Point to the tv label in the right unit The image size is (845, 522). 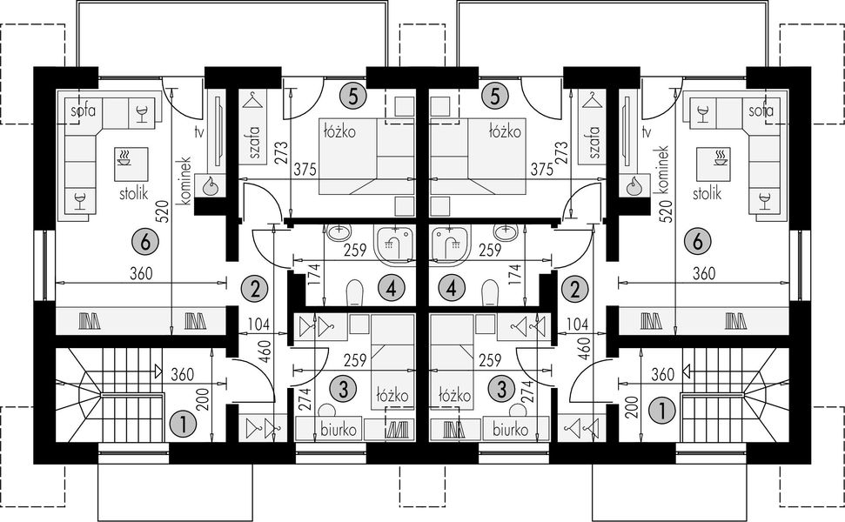[x=645, y=132]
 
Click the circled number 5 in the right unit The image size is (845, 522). [x=494, y=95]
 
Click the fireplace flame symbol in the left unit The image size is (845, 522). [x=211, y=185]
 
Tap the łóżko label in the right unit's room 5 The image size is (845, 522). [x=503, y=131]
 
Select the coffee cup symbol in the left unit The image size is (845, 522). [x=125, y=158]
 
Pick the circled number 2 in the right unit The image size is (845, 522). [x=573, y=288]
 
